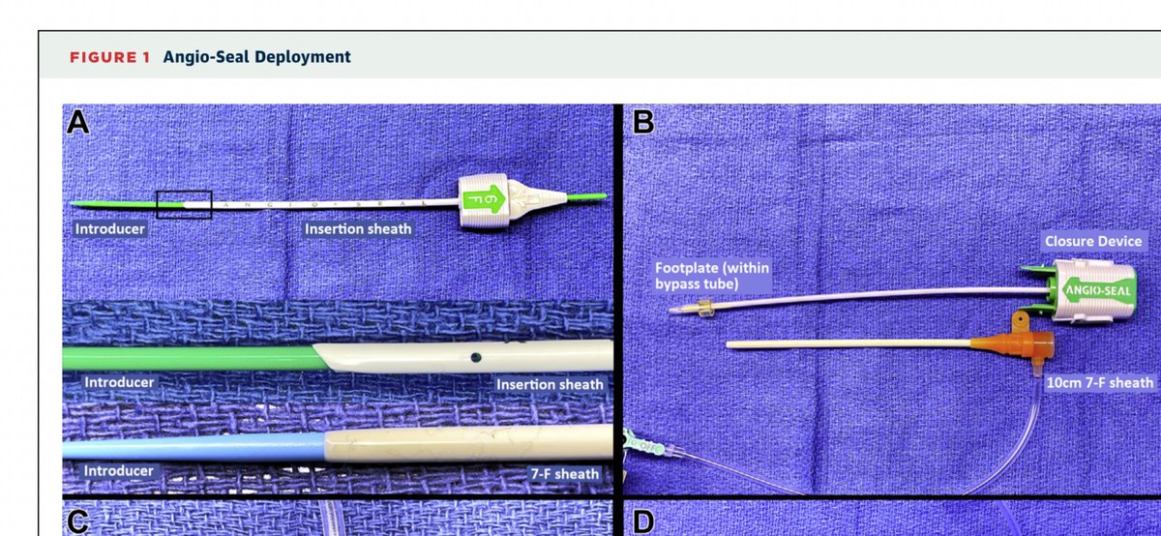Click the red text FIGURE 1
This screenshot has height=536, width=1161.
[109, 57]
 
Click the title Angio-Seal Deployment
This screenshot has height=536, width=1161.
[257, 57]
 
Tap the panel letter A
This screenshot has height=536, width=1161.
[78, 123]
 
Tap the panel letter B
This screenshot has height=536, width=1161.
[641, 123]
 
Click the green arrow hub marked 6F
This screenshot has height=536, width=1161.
[483, 199]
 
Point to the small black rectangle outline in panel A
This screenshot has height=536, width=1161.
[184, 204]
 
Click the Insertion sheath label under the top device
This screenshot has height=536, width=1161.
[358, 229]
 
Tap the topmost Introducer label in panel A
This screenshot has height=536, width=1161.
[110, 229]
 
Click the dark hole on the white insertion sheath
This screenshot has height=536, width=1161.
[475, 358]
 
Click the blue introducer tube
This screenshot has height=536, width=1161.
[193, 449]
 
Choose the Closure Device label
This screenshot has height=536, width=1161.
[1092, 241]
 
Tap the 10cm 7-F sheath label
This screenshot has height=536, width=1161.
[1100, 383]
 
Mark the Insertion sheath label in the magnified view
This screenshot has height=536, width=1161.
[550, 384]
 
